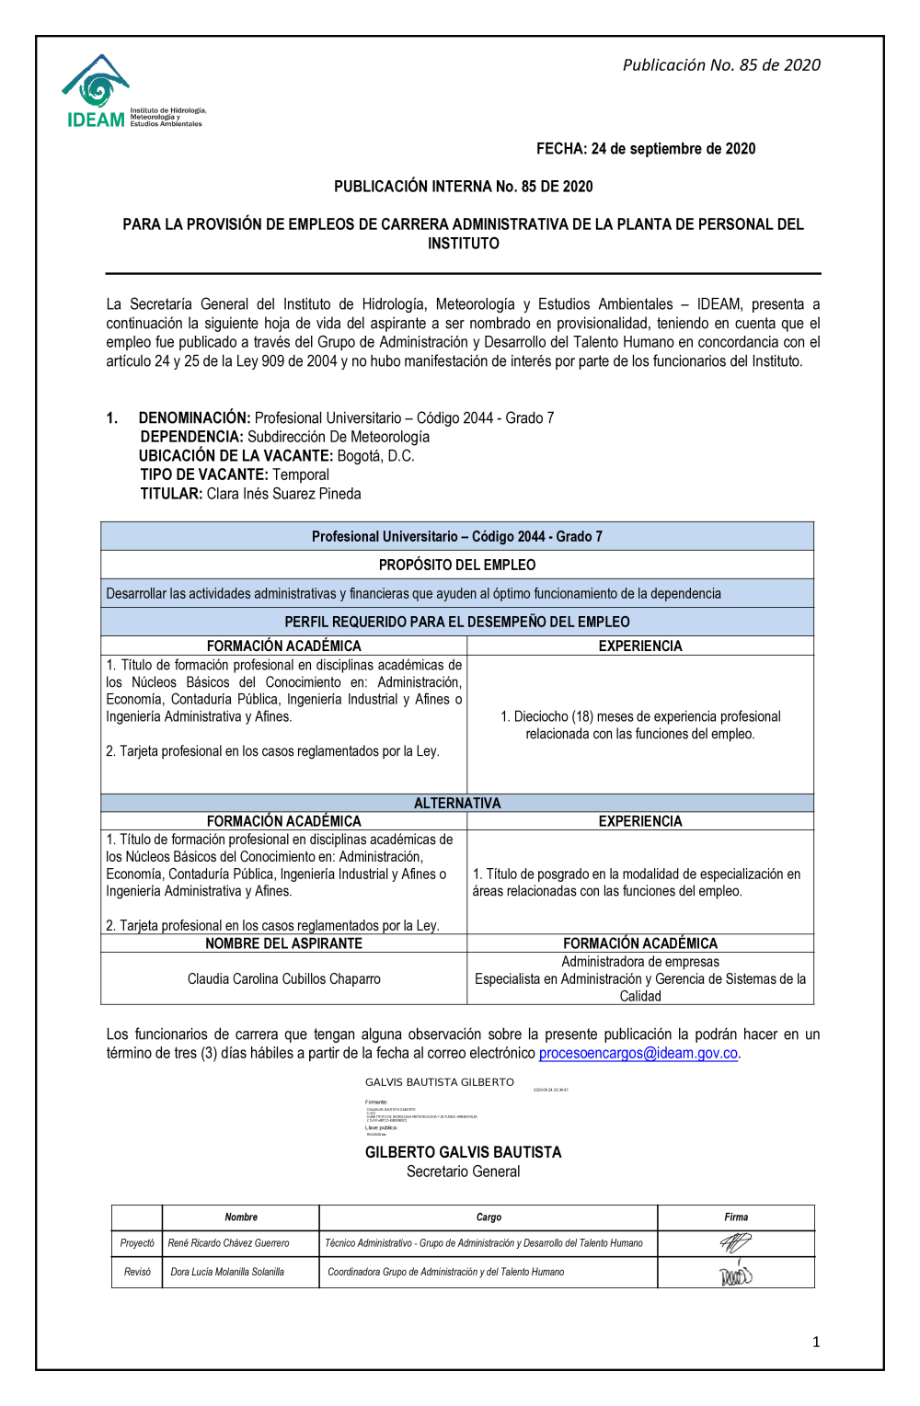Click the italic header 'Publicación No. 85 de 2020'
[721, 65]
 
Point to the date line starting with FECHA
[646, 149]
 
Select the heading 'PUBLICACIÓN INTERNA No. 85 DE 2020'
[463, 187]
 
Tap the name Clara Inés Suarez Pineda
[283, 494]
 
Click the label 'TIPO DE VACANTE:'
[204, 474]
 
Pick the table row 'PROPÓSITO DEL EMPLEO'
[457, 565]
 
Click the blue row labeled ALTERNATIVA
[457, 803]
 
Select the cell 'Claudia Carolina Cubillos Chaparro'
[283, 979]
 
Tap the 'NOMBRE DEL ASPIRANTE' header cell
[283, 943]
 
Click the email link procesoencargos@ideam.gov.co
[638, 1053]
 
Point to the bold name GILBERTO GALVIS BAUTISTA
[463, 1152]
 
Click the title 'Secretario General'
[463, 1172]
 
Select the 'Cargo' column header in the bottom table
[489, 1217]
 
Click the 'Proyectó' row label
[137, 1243]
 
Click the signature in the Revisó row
[735, 1275]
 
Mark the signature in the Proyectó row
[735, 1243]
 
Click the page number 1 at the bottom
[816, 1343]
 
